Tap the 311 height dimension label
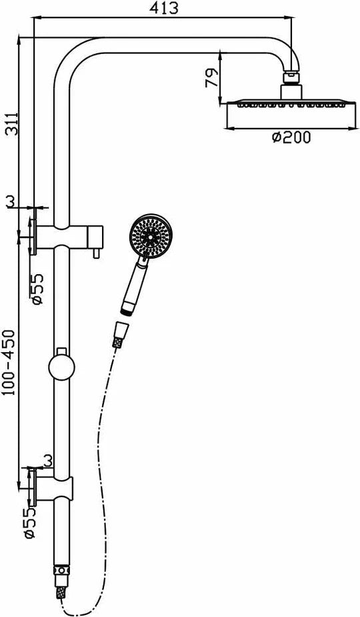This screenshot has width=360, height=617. (12, 123)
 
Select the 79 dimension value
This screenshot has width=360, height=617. (211, 78)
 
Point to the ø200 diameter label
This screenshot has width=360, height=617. (291, 137)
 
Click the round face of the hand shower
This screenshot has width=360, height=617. (150, 236)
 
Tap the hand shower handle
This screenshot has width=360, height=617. (135, 285)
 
